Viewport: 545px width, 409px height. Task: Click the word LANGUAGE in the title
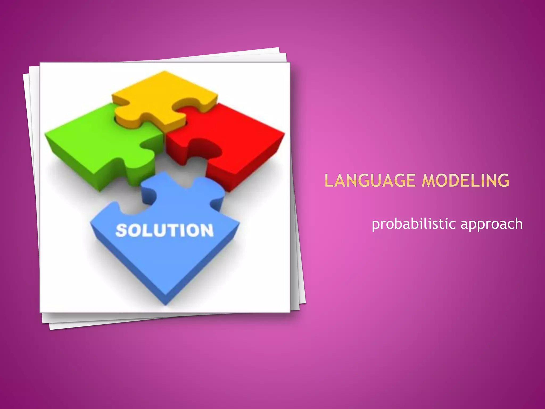[x=370, y=180]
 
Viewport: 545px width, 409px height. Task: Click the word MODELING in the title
[x=465, y=180]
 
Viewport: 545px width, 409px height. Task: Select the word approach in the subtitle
[x=492, y=224]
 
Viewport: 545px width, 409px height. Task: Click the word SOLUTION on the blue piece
[x=164, y=230]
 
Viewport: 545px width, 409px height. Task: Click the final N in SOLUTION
[x=207, y=230]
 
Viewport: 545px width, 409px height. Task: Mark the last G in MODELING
[x=503, y=180]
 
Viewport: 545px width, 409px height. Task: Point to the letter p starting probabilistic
[x=375, y=225]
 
